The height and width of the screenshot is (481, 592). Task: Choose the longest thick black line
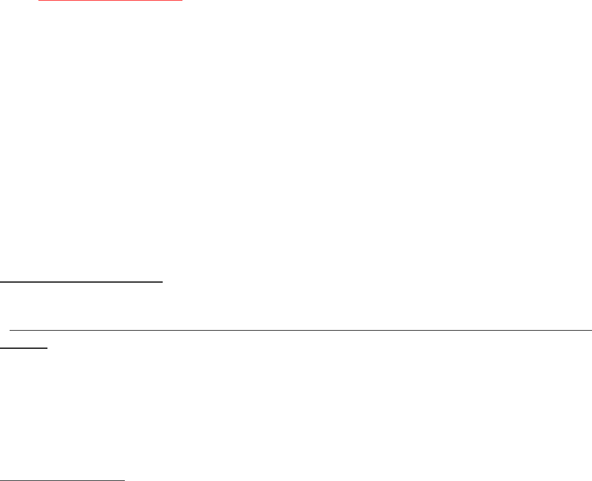click(81, 280)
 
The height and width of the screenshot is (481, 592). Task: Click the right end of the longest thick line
click(163, 280)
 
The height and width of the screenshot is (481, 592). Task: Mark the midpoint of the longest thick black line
click(81, 280)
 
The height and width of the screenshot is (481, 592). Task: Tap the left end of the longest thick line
click(1, 280)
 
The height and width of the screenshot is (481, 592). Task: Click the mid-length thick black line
click(62, 479)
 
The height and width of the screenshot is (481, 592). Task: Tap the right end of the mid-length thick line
click(124, 479)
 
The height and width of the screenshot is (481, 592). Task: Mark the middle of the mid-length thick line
click(62, 479)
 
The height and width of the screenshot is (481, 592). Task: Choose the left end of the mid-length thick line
click(1, 479)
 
